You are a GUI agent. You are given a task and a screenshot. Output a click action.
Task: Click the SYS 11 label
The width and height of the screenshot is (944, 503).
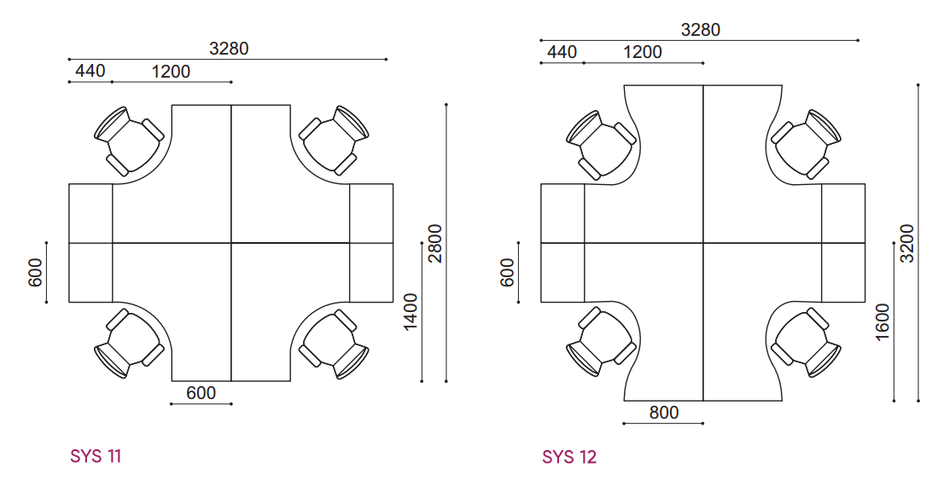pyautogui.click(x=96, y=456)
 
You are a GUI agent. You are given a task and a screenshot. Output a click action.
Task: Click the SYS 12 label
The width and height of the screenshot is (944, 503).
pyautogui.click(x=569, y=457)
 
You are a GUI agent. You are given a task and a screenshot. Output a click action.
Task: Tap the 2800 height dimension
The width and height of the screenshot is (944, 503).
pyautogui.click(x=434, y=244)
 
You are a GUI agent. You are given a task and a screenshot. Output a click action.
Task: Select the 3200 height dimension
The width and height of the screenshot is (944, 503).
pyautogui.click(x=906, y=243)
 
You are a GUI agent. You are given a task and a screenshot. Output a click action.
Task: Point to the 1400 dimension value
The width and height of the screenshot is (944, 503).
pyautogui.click(x=411, y=312)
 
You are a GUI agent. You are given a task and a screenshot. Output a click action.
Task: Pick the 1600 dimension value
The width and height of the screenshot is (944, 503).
pyautogui.click(x=883, y=322)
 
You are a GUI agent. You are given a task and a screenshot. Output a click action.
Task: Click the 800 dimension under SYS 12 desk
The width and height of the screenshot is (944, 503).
pyautogui.click(x=663, y=412)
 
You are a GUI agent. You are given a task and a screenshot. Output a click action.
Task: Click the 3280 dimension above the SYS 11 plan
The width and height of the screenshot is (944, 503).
pyautogui.click(x=229, y=48)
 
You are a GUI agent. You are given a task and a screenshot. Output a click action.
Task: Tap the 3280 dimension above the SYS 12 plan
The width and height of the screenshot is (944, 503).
pyautogui.click(x=700, y=30)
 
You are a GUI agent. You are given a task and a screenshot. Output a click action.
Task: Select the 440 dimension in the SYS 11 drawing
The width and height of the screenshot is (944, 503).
pyautogui.click(x=90, y=71)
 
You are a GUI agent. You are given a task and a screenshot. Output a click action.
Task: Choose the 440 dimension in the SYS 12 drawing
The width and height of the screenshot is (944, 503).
pyautogui.click(x=562, y=52)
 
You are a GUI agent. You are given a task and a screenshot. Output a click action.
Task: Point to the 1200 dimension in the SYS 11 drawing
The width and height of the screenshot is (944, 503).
pyautogui.click(x=171, y=72)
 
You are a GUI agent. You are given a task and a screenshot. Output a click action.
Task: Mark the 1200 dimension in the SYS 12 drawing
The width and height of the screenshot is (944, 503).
pyautogui.click(x=643, y=52)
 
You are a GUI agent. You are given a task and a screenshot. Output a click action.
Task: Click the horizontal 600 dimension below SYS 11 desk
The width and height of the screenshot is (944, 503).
pyautogui.click(x=201, y=393)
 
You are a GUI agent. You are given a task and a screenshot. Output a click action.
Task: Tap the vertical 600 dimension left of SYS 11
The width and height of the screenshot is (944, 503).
pyautogui.click(x=36, y=273)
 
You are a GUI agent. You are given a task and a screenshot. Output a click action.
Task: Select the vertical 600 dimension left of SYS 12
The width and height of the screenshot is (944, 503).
pyautogui.click(x=508, y=273)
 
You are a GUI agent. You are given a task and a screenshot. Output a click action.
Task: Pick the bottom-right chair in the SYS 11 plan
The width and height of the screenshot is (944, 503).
pyautogui.click(x=334, y=344)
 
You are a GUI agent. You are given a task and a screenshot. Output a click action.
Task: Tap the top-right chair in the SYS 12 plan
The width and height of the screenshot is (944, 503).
pyautogui.click(x=806, y=144)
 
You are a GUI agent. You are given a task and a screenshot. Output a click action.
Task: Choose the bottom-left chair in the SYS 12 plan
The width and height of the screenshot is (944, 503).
pyautogui.click(x=602, y=342)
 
